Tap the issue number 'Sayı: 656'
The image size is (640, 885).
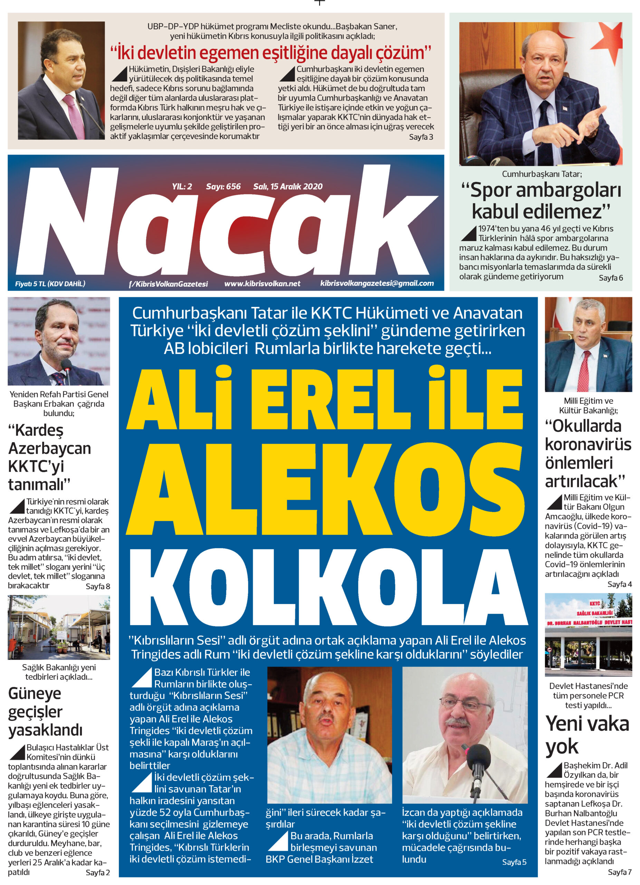click(223, 187)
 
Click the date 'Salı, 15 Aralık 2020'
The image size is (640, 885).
click(288, 187)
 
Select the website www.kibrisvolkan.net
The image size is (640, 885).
click(262, 284)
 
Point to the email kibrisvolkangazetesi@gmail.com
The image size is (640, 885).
click(377, 283)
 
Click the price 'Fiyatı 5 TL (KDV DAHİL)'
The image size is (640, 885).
click(50, 284)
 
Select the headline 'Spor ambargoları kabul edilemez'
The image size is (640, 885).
click(541, 201)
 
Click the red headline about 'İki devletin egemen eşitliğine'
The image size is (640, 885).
click(270, 52)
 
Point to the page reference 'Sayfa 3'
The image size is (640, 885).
click(421, 137)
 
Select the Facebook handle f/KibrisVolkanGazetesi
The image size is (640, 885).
click(169, 284)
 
